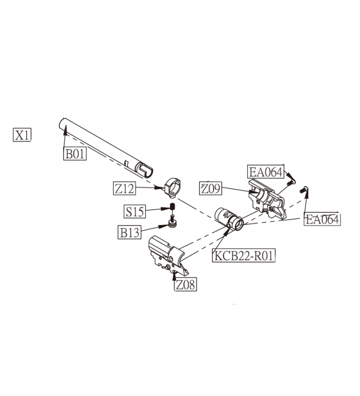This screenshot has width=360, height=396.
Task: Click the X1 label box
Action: tap(22, 135)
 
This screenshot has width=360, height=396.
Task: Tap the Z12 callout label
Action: tap(124, 189)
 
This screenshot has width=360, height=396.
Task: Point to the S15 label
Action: tap(135, 212)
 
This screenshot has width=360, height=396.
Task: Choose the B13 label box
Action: tap(130, 232)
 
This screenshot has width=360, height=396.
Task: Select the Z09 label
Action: tap(211, 189)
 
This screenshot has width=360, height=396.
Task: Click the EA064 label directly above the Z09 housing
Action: tap(266, 172)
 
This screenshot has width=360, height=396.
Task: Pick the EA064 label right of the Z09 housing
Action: tap(322, 219)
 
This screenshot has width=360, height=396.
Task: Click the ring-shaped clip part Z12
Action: tap(173, 187)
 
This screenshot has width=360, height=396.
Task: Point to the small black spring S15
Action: tap(172, 208)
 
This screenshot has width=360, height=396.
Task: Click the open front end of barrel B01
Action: tap(64, 124)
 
